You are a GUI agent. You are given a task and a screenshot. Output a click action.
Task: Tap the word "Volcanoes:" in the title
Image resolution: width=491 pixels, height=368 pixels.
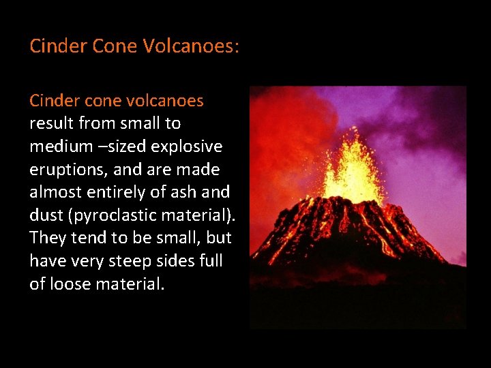[x=190, y=46]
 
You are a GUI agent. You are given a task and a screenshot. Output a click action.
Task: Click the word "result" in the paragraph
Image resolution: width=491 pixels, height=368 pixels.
[x=51, y=123]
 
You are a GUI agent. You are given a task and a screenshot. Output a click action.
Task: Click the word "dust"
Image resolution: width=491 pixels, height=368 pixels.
[x=45, y=216]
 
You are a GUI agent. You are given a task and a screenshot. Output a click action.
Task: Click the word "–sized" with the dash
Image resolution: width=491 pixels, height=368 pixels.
[x=122, y=147]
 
